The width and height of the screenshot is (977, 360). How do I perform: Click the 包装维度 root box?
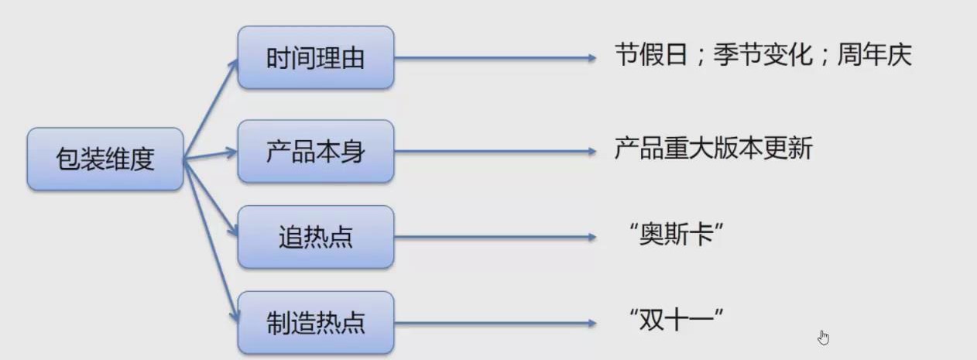[x=105, y=159]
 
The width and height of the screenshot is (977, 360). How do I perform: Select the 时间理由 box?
[x=316, y=58]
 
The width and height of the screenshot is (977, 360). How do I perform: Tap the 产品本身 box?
[x=316, y=151]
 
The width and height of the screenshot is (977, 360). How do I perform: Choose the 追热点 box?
[x=316, y=237]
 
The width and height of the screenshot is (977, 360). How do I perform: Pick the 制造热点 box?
[x=316, y=322]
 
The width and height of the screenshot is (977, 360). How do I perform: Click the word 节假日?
[x=651, y=56]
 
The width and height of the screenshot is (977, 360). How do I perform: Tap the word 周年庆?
[x=874, y=56]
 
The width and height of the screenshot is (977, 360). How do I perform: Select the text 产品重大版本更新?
[x=713, y=148]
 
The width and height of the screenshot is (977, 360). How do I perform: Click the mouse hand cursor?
[x=823, y=338]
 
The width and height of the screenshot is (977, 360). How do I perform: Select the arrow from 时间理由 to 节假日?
[x=495, y=58]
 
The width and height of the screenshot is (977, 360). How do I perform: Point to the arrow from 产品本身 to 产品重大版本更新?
[x=495, y=151]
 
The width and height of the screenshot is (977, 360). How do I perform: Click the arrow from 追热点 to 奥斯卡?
[x=495, y=237]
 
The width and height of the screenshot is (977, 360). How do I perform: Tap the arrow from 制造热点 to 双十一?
[x=495, y=322]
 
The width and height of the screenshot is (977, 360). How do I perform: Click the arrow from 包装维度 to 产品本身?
[x=211, y=155]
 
